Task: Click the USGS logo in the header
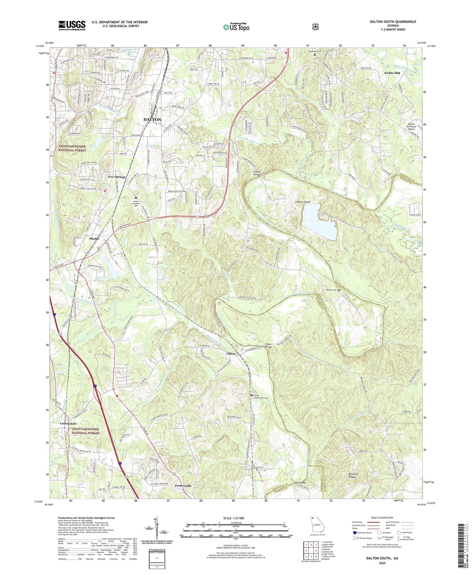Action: (72, 25)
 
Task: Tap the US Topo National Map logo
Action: (236, 27)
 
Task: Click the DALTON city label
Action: (152, 120)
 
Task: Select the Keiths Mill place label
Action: (392, 73)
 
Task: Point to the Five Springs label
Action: (117, 177)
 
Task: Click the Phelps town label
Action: (95, 239)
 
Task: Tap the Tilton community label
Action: (231, 354)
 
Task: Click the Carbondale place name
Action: (68, 424)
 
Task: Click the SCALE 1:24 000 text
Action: (234, 518)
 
